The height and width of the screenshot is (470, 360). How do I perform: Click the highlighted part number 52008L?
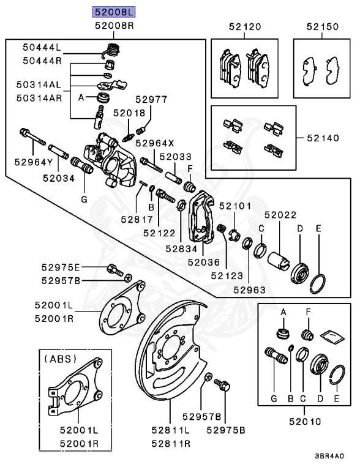pos(113,12)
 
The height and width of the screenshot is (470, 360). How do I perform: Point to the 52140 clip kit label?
pos(323,138)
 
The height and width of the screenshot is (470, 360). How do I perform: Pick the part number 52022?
pos(280,215)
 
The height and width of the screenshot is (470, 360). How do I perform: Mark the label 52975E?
pos(61,268)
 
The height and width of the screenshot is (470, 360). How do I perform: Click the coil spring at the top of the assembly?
pos(111,49)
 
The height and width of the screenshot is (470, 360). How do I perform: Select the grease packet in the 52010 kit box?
pos(332,333)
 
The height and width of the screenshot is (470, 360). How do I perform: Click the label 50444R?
pos(43,61)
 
